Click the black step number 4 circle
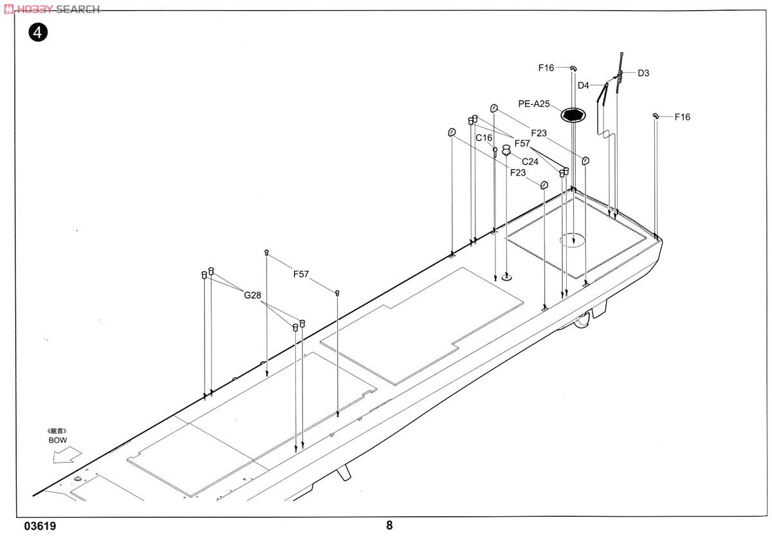point(38,32)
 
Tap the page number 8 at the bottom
point(389,524)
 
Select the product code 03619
point(40,526)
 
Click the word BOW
point(57,440)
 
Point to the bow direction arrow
point(67,454)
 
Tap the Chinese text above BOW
point(57,431)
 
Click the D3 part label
point(643,73)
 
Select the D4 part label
point(583,86)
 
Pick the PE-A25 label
point(534,104)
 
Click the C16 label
point(484,138)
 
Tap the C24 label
point(530,162)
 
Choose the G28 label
point(252,295)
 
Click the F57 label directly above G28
point(301,274)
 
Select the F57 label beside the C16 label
point(522,144)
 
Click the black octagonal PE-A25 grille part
point(572,115)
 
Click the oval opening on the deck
point(572,240)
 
